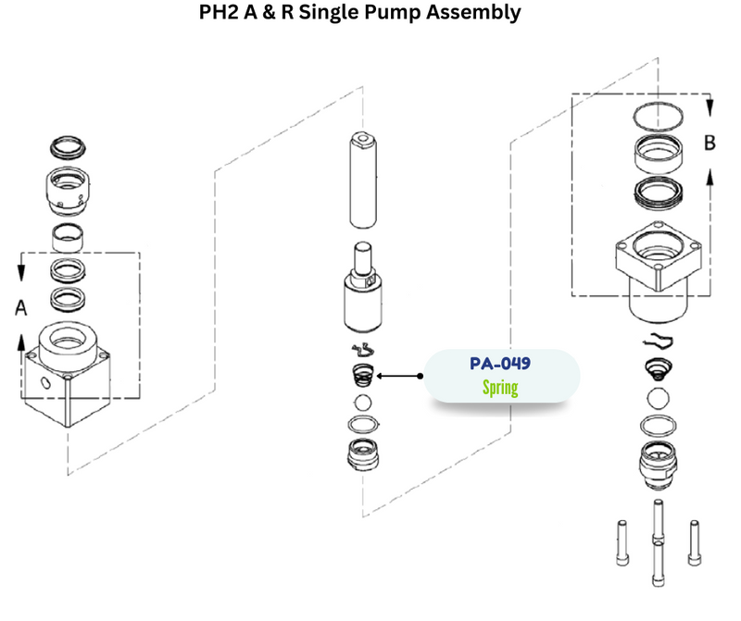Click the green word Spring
point(499,387)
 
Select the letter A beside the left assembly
point(21,308)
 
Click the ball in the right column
point(657,399)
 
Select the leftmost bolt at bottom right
point(619,545)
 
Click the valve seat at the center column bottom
point(365,454)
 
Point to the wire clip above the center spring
point(363,350)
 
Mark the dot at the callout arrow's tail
point(421,376)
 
